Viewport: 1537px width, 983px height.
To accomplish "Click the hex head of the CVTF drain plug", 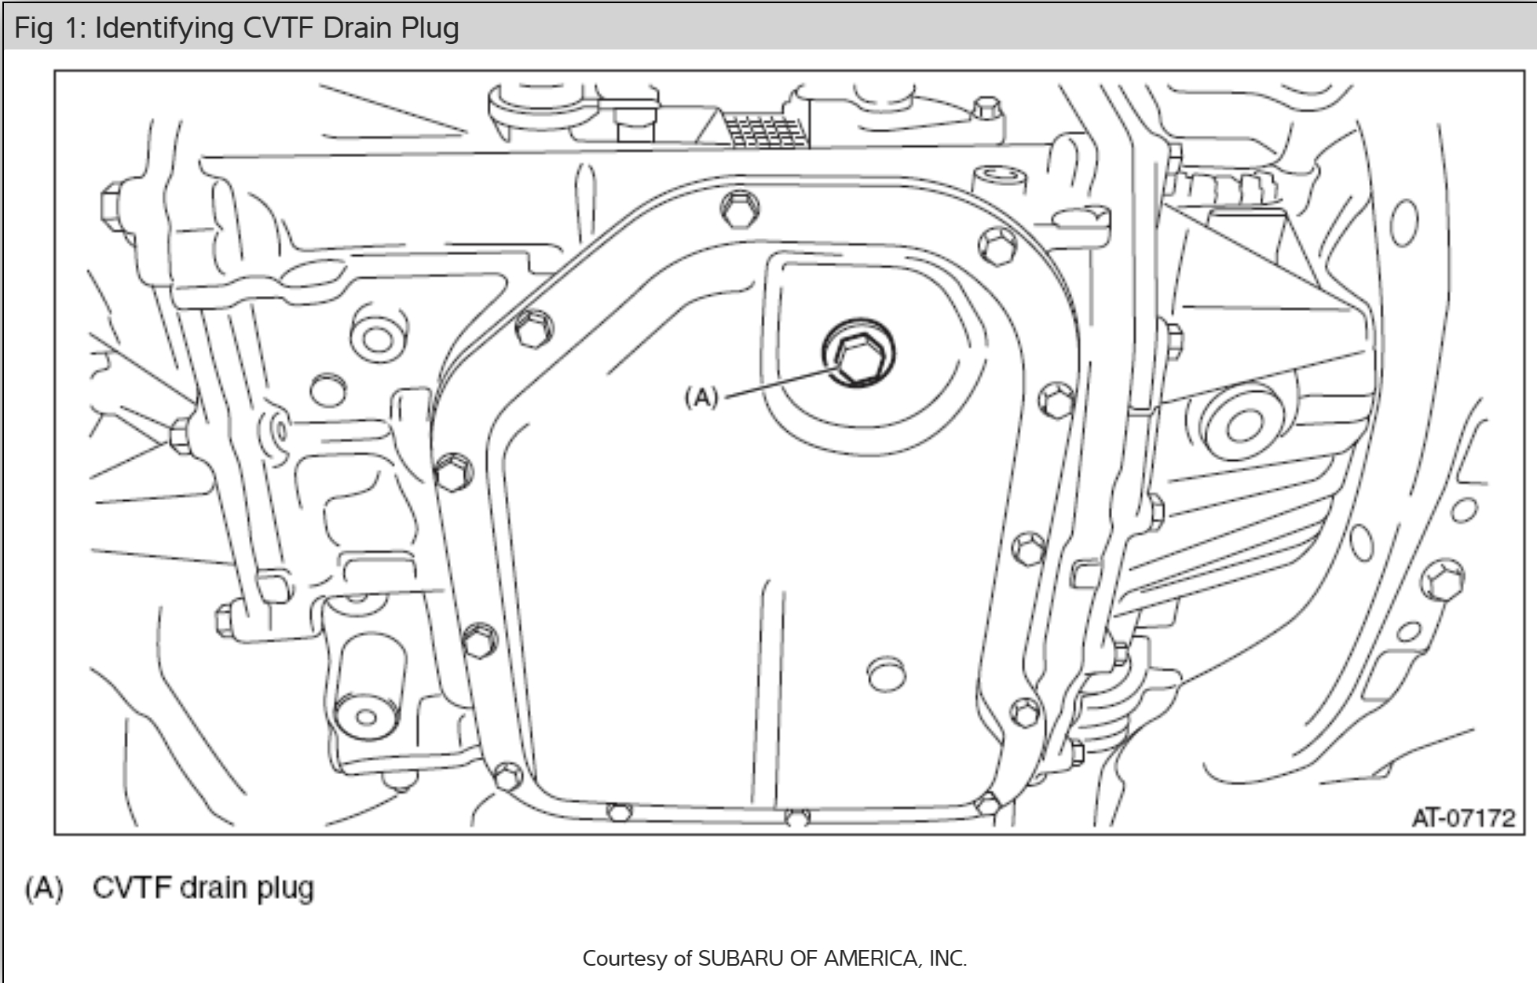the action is point(858,357).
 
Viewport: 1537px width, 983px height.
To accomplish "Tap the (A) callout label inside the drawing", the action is point(701,397).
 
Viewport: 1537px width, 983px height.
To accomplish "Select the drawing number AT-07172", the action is point(1463,818).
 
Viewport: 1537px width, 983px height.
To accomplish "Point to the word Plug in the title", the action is point(430,29).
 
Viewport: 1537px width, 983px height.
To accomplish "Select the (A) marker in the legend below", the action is point(44,889).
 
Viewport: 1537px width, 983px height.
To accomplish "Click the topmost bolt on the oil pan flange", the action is point(740,209).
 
